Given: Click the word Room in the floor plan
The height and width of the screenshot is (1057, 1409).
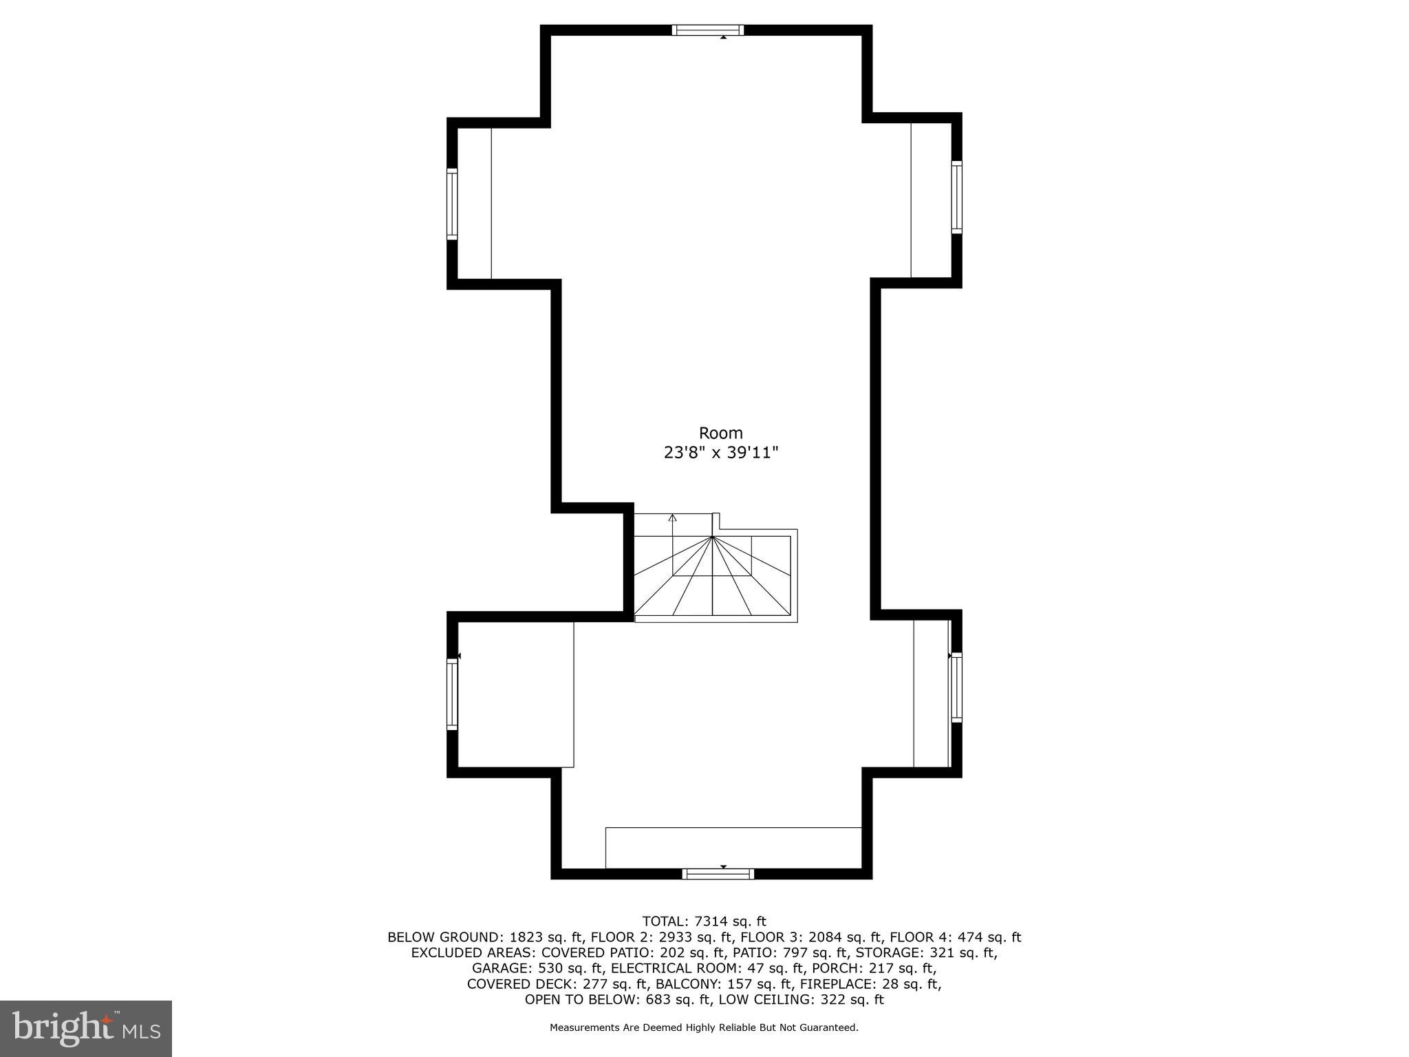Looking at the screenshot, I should point(720,433).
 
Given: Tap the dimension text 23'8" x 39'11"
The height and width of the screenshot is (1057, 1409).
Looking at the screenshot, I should point(720,453).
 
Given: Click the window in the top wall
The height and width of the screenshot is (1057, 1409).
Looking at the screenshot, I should point(707,30).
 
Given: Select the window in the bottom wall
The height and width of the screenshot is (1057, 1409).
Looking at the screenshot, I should point(718,874).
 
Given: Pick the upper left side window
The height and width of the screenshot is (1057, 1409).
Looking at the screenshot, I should point(452,204).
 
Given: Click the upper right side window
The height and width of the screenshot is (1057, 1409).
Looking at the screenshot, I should point(956,197).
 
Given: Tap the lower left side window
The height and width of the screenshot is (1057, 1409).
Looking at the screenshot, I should point(452,694).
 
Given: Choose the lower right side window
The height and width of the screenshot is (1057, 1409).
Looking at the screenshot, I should point(956,687).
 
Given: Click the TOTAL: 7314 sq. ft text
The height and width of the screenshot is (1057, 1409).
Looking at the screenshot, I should point(704,921).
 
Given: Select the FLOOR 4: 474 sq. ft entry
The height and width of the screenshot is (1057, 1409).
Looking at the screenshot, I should point(955,937).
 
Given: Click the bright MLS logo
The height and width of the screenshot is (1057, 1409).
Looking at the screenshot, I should point(85,1028).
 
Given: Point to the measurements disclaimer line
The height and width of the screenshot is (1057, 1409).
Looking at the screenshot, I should point(704,1028).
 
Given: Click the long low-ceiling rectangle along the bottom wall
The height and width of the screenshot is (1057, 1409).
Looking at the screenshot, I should point(733,848).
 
